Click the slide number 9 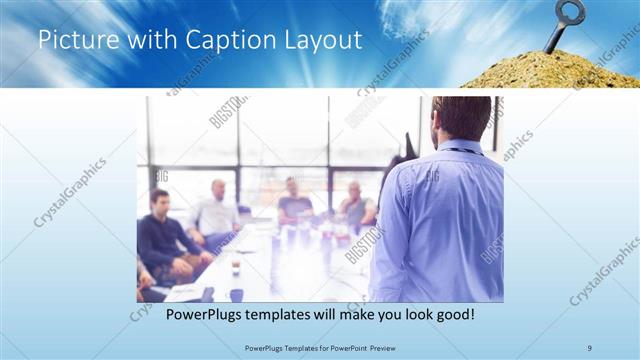coord(589,347)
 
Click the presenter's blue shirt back coord(440,220)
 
